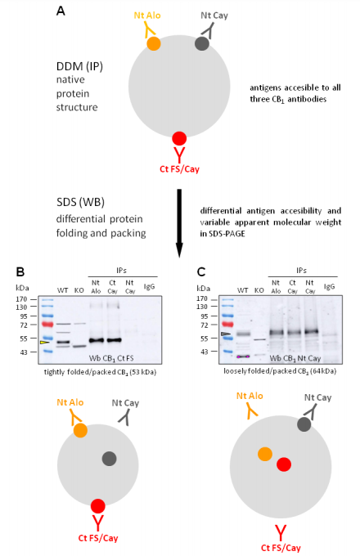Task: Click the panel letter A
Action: point(61,11)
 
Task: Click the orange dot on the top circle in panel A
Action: point(154,43)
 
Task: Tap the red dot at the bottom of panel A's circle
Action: point(179,138)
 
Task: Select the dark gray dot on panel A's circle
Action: point(202,43)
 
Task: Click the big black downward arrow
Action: point(179,223)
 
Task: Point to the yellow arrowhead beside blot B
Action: point(45,342)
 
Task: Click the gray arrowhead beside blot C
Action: point(226,334)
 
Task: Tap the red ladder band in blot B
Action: point(47,324)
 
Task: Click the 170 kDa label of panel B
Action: point(21,299)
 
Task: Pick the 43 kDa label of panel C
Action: point(204,352)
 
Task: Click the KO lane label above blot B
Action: point(79,290)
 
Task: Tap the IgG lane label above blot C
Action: point(329,286)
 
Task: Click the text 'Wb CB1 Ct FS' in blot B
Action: point(111,358)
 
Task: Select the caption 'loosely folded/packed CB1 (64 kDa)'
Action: point(280,371)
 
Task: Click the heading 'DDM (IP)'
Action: point(79,66)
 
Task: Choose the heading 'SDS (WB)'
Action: point(80,202)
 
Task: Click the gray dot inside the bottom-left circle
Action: point(110,459)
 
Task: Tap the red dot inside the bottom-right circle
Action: point(284,464)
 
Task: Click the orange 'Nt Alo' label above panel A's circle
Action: point(147,16)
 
